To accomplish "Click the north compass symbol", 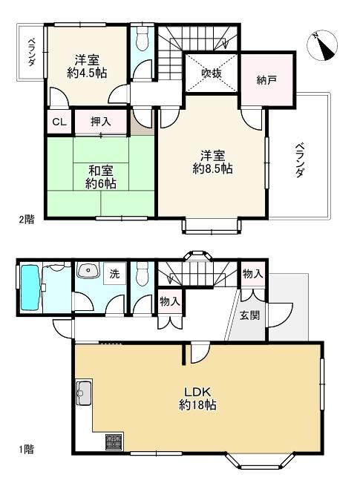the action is pyautogui.click(x=322, y=45).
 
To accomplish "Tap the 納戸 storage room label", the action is pyautogui.click(x=266, y=80).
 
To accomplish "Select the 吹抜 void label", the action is pyautogui.click(x=212, y=73).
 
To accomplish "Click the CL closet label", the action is pyautogui.click(x=59, y=122).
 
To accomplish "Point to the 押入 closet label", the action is pyautogui.click(x=101, y=122).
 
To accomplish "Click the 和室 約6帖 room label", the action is pyautogui.click(x=101, y=177).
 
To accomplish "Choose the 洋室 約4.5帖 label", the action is pyautogui.click(x=87, y=66).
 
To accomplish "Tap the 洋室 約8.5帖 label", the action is pyautogui.click(x=212, y=162).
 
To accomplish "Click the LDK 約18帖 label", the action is pyautogui.click(x=197, y=398).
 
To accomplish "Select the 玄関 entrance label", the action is pyautogui.click(x=250, y=315).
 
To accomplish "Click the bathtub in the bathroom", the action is pyautogui.click(x=30, y=287).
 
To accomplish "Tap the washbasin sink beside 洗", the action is pyautogui.click(x=88, y=269).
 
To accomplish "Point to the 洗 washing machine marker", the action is pyautogui.click(x=115, y=274).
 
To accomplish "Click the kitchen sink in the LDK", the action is pyautogui.click(x=84, y=392).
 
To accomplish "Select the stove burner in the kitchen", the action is pyautogui.click(x=114, y=442).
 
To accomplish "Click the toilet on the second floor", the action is pyautogui.click(x=143, y=39).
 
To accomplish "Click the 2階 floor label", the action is pyautogui.click(x=27, y=220).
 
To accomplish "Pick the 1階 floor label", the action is pyautogui.click(x=26, y=449).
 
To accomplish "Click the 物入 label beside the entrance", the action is pyautogui.click(x=252, y=274).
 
